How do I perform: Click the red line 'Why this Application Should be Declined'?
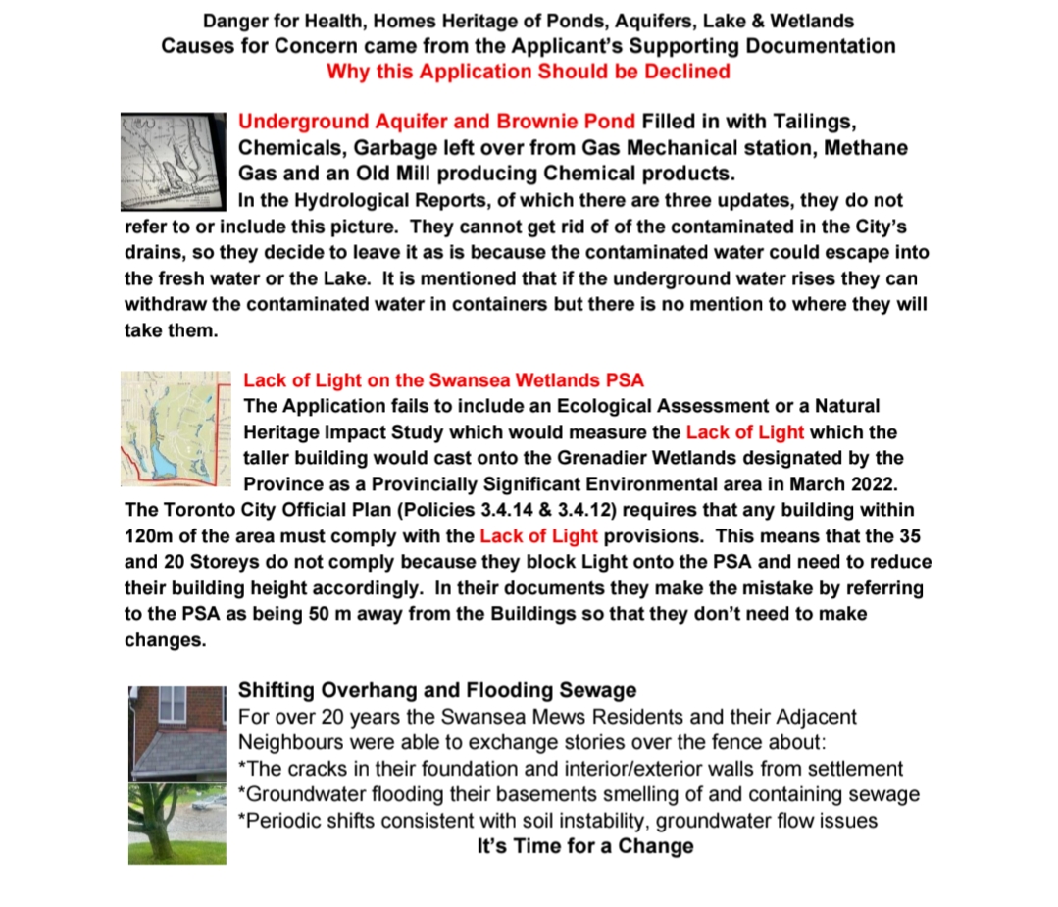tap(528, 72)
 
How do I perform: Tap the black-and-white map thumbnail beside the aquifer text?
tap(173, 160)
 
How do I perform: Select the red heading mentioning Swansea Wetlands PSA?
tap(443, 380)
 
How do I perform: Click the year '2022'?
tap(867, 483)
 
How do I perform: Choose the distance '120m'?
tap(151, 535)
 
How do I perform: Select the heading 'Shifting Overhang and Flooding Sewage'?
tap(436, 690)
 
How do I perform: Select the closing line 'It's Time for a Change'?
tap(584, 846)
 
